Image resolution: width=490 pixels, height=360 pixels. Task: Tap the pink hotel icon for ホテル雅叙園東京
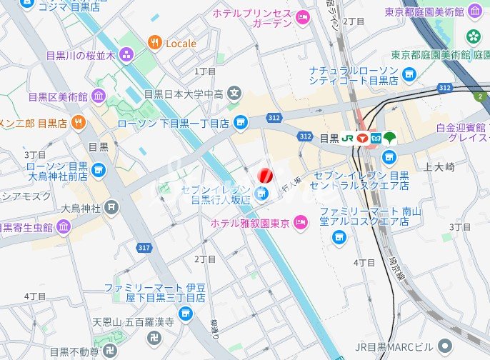coord(301,224)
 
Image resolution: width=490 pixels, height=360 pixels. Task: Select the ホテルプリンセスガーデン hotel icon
coord(302,18)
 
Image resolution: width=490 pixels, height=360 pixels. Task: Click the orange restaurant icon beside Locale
coord(154,43)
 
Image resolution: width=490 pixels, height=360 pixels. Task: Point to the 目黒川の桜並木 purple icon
coord(126,55)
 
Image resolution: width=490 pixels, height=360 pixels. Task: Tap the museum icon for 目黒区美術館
coord(98,96)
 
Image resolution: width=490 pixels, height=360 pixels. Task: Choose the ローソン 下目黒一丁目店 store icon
coord(241,123)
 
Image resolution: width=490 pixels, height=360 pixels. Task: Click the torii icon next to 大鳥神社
coord(111,208)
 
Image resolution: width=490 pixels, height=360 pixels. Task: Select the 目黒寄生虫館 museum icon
coord(64,228)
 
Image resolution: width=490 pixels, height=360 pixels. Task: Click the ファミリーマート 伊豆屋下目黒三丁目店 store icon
coord(186,313)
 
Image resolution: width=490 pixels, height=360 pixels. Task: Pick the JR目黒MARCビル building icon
coord(444,346)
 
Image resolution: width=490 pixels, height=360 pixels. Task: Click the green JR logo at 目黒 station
coord(347,138)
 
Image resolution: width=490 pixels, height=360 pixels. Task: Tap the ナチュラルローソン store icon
coord(409,74)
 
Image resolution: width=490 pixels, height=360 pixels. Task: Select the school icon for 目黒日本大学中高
coord(234,93)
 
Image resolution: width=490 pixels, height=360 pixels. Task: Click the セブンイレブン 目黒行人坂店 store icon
coord(261,193)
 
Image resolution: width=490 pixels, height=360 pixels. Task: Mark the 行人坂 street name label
coord(292,185)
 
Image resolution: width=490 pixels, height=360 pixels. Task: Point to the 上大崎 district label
coord(439,167)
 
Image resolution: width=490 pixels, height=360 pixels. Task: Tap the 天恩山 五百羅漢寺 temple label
coord(134,323)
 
